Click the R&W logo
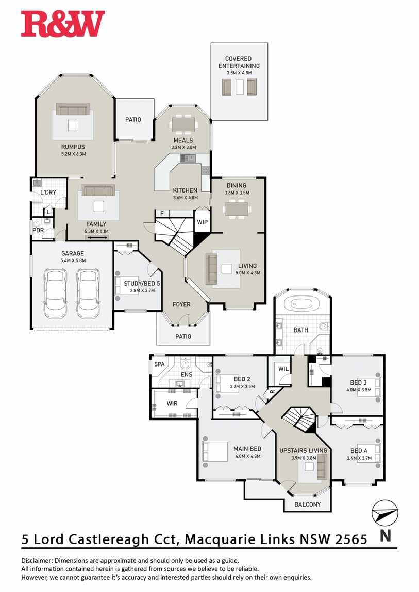[63, 24]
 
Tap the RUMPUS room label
[73, 147]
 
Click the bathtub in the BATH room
[302, 304]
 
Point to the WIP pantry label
[202, 222]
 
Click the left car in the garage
[56, 293]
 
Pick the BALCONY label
[307, 504]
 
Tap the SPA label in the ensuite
[159, 364]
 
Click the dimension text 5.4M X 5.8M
[73, 260]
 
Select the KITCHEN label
[185, 190]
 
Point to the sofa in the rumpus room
[73, 109]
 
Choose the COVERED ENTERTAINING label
[239, 62]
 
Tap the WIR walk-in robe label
[172, 403]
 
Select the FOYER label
[181, 304]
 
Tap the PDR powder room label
[38, 230]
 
